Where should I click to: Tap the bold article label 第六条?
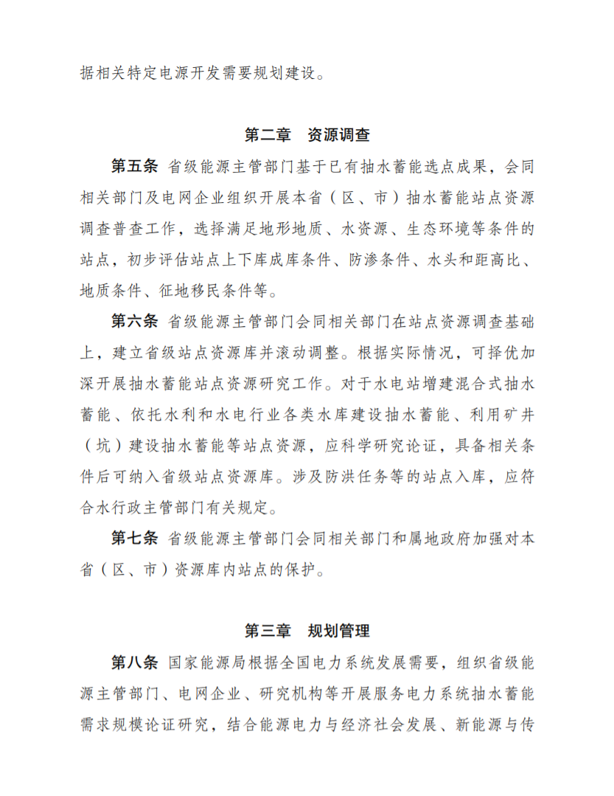tap(134, 321)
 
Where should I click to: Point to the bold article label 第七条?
tap(134, 538)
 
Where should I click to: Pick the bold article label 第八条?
tap(134, 662)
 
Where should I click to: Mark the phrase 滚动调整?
tap(310, 352)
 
